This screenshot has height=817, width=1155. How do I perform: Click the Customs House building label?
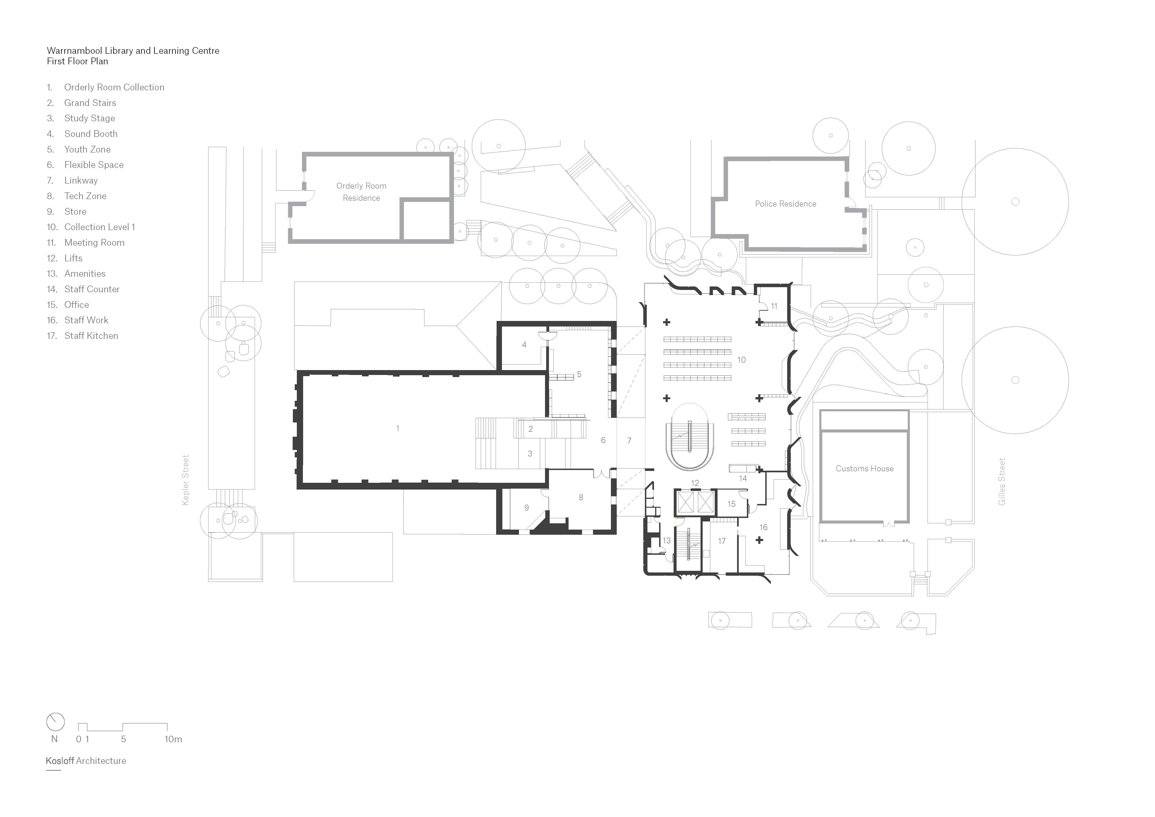click(864, 468)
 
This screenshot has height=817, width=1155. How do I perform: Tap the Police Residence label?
click(785, 204)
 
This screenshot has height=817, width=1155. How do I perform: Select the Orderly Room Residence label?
click(361, 192)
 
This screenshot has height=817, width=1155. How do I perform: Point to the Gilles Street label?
click(1002, 481)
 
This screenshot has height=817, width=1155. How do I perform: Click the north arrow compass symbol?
click(55, 722)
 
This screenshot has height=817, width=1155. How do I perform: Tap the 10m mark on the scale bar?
click(173, 739)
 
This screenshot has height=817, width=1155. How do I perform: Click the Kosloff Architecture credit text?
click(86, 761)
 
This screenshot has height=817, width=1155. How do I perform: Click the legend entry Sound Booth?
click(91, 134)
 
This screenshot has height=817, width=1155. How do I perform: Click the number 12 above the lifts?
click(695, 483)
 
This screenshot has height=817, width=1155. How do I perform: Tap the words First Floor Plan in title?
click(78, 61)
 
